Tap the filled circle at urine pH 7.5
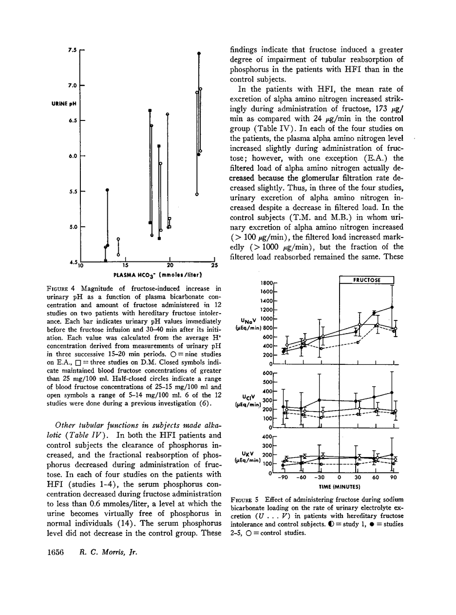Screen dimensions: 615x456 (x=198, y=53)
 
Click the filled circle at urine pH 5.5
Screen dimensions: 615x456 (x=107, y=190)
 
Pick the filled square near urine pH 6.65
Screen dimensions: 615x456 (x=150, y=110)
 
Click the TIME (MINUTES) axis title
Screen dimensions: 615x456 (x=340, y=487)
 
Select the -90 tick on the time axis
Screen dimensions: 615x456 (x=285, y=478)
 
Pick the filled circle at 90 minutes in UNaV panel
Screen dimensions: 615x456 (x=392, y=307)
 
